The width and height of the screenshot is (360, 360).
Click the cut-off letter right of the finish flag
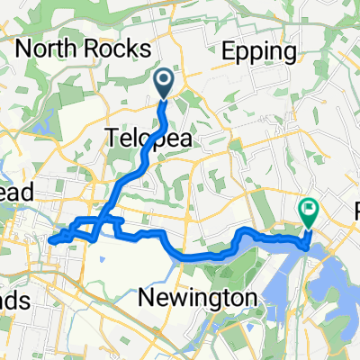(x=355, y=213)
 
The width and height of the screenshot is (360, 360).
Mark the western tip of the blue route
(x=49, y=241)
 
